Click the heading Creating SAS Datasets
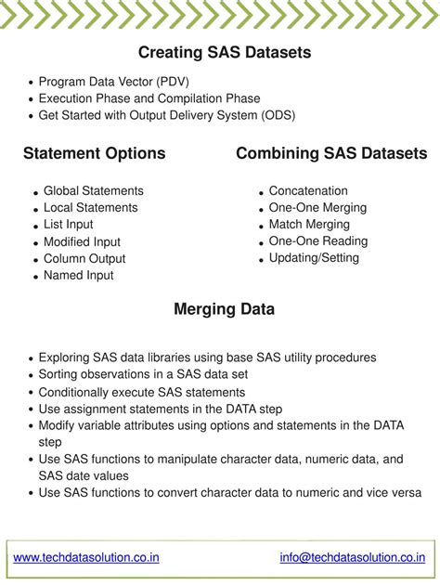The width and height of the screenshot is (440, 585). [225, 53]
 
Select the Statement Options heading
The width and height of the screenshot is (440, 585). [95, 153]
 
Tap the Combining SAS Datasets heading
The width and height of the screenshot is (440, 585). [331, 153]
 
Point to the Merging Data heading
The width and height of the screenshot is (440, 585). [224, 309]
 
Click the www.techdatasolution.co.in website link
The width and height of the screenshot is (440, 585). [86, 557]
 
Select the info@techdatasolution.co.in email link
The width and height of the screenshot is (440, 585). [352, 557]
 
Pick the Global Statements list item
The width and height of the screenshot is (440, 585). [94, 190]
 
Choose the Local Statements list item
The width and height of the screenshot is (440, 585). [91, 207]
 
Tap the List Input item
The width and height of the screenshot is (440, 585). [69, 224]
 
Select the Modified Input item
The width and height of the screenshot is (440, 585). [83, 241]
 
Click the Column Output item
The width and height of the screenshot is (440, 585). [84, 258]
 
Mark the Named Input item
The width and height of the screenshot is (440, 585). [79, 275]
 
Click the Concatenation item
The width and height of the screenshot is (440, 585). [308, 190]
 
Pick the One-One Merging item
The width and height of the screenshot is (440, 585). [317, 207]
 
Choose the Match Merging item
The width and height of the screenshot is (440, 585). [309, 224]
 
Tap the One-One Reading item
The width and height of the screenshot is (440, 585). [318, 240]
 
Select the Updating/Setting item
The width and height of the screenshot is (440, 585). [314, 257]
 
